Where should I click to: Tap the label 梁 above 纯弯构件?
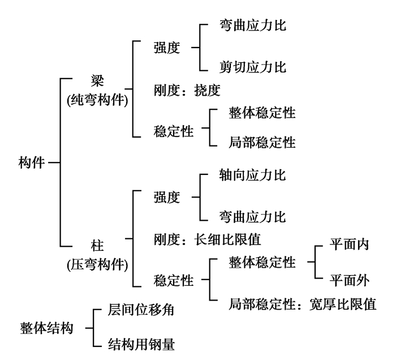tap(97, 79)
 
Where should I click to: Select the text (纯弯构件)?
tap(97, 100)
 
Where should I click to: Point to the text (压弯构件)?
tap(97, 264)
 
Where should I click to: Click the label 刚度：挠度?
tap(186, 90)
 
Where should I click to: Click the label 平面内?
tap(349, 245)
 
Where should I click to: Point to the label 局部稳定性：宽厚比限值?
tap(302, 304)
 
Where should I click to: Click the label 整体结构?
tap(46, 328)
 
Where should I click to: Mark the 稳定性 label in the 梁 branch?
tap(173, 132)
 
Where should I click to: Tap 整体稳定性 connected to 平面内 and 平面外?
tap(262, 262)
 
